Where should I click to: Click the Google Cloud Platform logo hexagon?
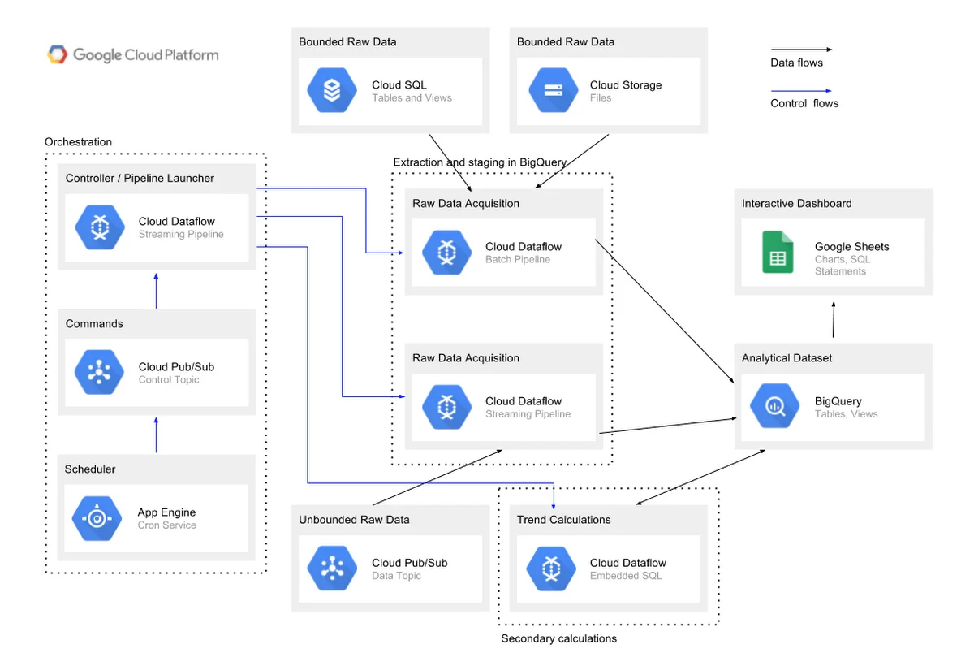57,55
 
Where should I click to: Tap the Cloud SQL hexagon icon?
332,91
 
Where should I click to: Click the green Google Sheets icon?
777,253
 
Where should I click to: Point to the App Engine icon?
97,518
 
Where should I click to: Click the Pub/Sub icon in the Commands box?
98,373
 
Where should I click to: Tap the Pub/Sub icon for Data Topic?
332,569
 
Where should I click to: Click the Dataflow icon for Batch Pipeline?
446,253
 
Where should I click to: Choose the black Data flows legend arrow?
800,50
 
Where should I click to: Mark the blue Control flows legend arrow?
800,91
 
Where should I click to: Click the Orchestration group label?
78,142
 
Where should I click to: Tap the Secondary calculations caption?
558,638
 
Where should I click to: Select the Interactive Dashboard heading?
796,204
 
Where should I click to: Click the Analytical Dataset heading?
787,358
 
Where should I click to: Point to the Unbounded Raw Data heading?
354,520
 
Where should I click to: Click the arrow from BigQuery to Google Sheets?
834,319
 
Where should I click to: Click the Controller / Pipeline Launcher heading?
140,179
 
